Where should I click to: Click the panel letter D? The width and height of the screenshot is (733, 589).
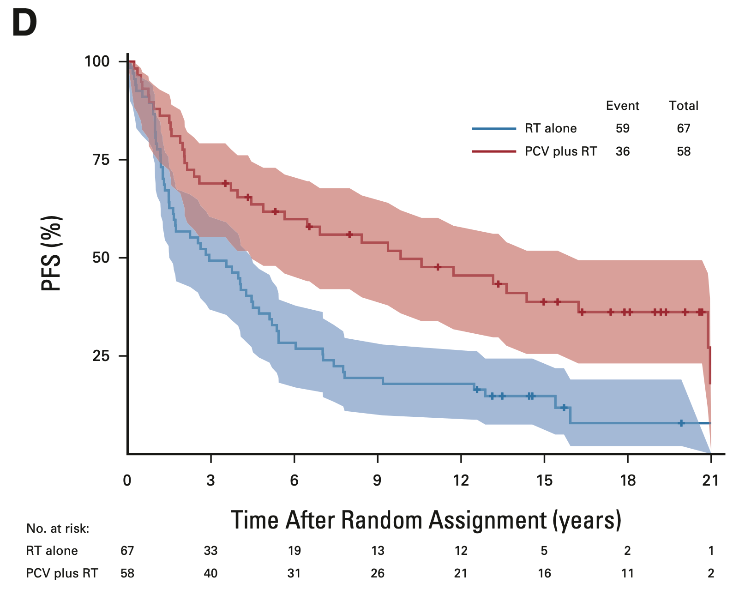click(24, 24)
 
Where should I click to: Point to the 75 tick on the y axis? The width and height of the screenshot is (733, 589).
click(101, 160)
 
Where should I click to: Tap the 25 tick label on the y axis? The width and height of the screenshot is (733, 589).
click(101, 356)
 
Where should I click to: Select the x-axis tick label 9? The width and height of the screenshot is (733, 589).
click(378, 481)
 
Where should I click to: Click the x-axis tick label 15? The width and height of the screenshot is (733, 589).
click(544, 481)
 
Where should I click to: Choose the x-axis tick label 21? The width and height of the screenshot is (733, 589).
click(710, 481)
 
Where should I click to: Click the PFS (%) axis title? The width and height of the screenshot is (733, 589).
click(52, 254)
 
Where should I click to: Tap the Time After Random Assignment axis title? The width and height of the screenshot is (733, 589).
click(426, 520)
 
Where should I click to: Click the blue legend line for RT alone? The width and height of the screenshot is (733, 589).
click(493, 128)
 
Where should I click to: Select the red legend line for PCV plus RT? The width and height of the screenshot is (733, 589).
click(493, 151)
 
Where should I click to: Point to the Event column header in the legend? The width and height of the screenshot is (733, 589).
click(622, 106)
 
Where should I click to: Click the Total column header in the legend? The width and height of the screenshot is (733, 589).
click(684, 106)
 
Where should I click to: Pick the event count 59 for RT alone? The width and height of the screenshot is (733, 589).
click(622, 128)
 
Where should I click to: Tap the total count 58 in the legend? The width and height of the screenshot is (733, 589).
click(684, 151)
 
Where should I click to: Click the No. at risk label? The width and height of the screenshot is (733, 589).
click(58, 529)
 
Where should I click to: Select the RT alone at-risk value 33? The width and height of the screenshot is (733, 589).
click(210, 551)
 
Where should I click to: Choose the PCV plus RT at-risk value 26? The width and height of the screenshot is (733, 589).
click(378, 573)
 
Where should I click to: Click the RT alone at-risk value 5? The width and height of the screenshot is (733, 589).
click(544, 551)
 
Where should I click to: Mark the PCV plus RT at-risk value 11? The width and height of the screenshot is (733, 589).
click(627, 573)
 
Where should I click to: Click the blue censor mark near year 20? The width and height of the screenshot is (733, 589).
click(681, 423)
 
